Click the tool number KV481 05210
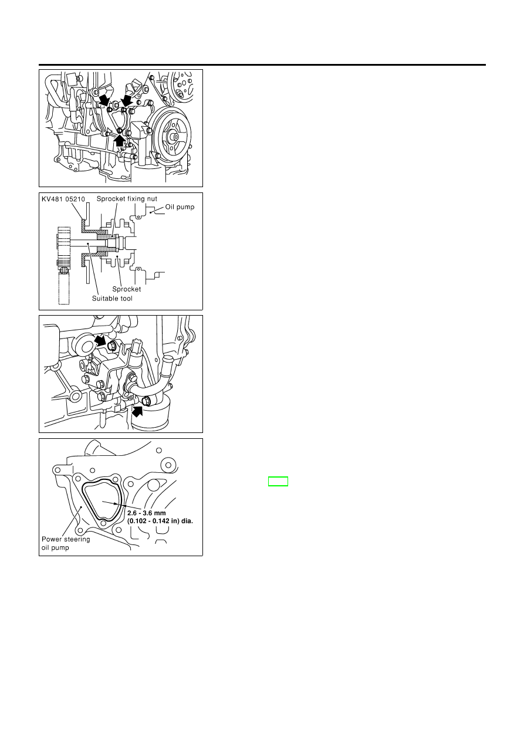point(63,199)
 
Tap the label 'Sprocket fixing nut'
point(127,199)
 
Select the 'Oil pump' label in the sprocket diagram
point(180,207)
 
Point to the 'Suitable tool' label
point(112,299)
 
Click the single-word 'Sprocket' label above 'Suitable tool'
point(126,289)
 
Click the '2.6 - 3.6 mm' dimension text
point(147,513)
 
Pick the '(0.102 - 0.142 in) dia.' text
point(160,520)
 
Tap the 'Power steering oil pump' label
point(66,543)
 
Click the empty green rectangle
point(278,481)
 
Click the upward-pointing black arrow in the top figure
point(120,140)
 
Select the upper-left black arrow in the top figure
point(104,99)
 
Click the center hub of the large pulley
point(172,136)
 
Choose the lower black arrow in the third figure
point(137,411)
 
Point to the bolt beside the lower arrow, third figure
point(146,402)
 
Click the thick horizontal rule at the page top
point(262,65)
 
